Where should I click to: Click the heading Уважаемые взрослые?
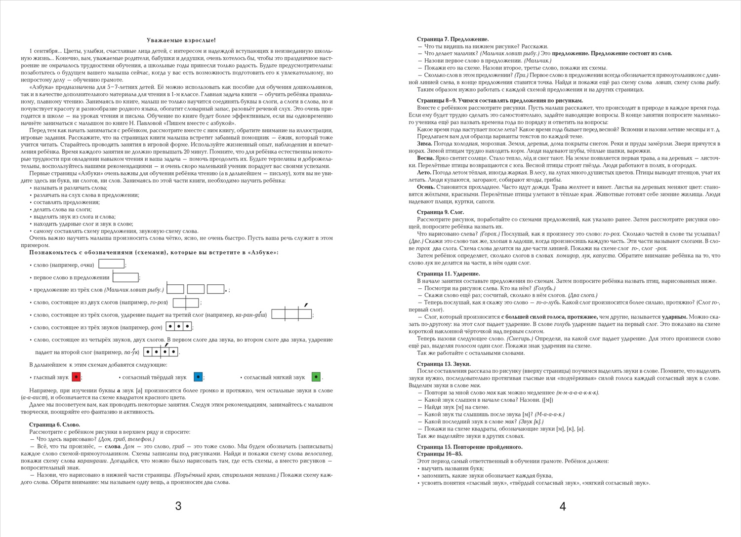pyautogui.click(x=181, y=40)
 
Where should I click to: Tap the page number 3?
pyautogui.click(x=178, y=505)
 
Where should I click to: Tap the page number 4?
pyautogui.click(x=562, y=506)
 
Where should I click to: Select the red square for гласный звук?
pyautogui.click(x=76, y=377)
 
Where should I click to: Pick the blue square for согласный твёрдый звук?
pyautogui.click(x=198, y=377)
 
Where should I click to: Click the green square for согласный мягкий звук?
pyautogui.click(x=316, y=377)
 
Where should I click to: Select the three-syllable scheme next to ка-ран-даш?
pyautogui.click(x=291, y=314)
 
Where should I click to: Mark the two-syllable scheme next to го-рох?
pyautogui.click(x=186, y=302)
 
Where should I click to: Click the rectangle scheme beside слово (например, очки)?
pyautogui.click(x=111, y=264)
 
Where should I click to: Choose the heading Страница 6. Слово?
pyautogui.click(x=54, y=424)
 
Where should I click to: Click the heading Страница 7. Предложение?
pyautogui.click(x=453, y=39)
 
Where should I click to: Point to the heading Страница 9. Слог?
pyautogui.click(x=440, y=212)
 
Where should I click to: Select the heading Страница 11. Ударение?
pyautogui.click(x=448, y=273)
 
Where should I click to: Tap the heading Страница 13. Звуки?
pyautogui.click(x=443, y=364)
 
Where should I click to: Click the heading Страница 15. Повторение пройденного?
pyautogui.click(x=469, y=447)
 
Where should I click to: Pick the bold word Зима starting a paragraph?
pyautogui.click(x=424, y=144)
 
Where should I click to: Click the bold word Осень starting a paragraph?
pyautogui.click(x=425, y=187)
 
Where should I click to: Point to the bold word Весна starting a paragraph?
pyautogui.click(x=426, y=158)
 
